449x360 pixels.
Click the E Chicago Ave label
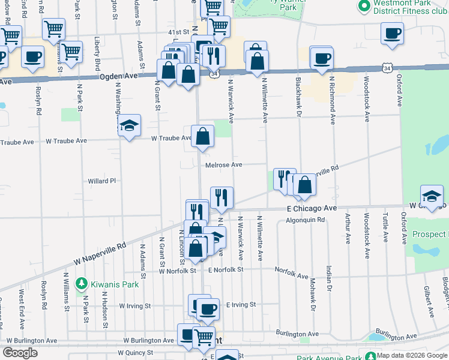point(312,208)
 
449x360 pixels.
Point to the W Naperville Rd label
point(100,254)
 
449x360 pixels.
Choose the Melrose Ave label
point(223,165)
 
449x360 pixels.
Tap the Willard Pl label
point(101,180)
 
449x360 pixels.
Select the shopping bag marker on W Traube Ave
point(203,136)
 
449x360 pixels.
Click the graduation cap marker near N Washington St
point(129,125)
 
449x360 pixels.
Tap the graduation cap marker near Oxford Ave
point(432,196)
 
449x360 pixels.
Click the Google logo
point(20,353)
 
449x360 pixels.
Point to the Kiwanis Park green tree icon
point(81,283)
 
